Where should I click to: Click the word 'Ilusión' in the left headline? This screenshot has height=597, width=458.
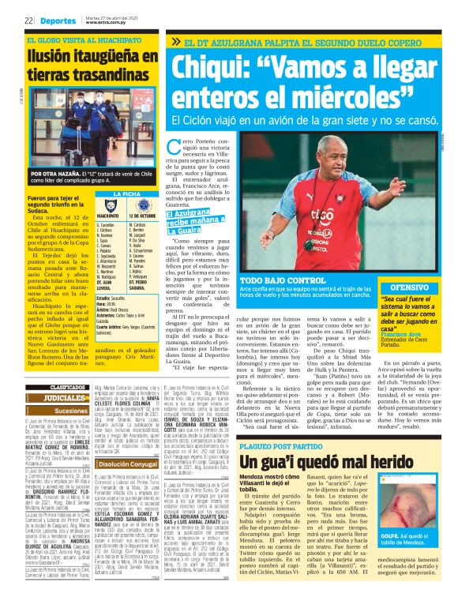(x=55, y=57)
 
